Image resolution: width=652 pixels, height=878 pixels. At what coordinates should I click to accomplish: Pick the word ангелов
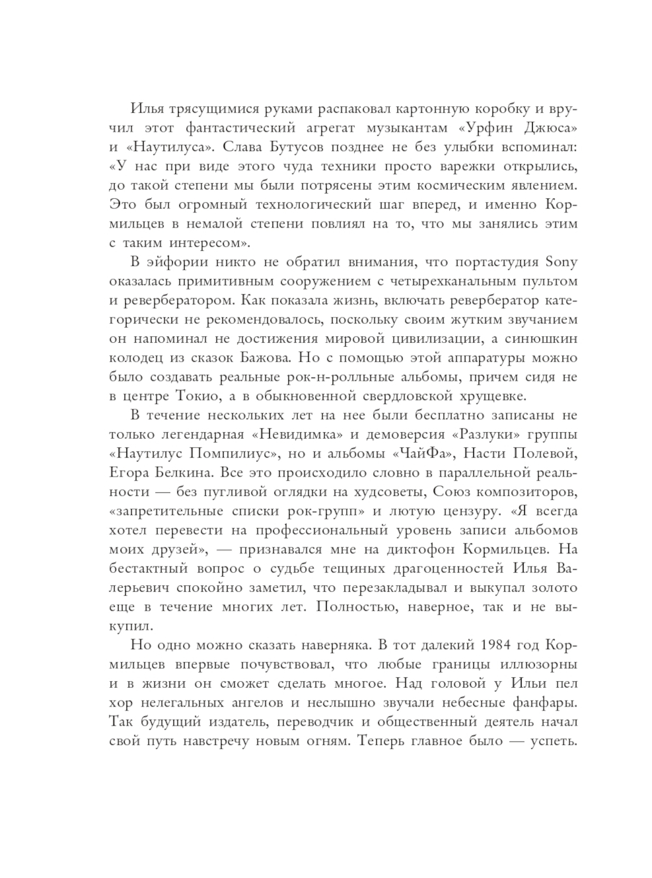pyautogui.click(x=253, y=703)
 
